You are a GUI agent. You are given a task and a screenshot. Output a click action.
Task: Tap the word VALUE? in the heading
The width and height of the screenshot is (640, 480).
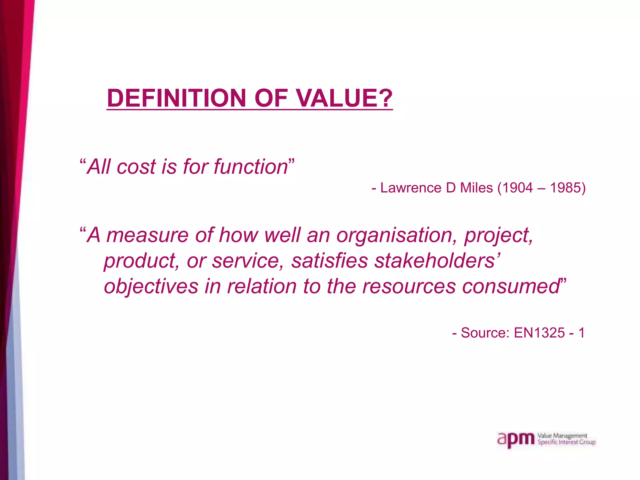(x=344, y=98)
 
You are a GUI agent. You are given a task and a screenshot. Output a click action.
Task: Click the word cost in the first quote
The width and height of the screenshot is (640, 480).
(x=136, y=167)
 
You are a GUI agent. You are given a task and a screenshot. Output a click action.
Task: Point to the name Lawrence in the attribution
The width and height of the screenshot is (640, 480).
(x=411, y=188)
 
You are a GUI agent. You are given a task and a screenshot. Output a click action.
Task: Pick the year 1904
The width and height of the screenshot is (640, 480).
(x=517, y=188)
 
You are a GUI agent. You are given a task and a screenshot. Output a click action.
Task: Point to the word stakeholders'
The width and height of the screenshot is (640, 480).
(x=437, y=261)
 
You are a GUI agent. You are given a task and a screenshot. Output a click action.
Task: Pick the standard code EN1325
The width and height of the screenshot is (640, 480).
(x=539, y=333)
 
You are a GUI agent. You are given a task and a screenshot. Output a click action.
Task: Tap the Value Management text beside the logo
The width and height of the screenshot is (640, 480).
(x=562, y=436)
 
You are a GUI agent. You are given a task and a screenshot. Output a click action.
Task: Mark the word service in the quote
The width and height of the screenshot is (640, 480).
(x=247, y=261)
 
